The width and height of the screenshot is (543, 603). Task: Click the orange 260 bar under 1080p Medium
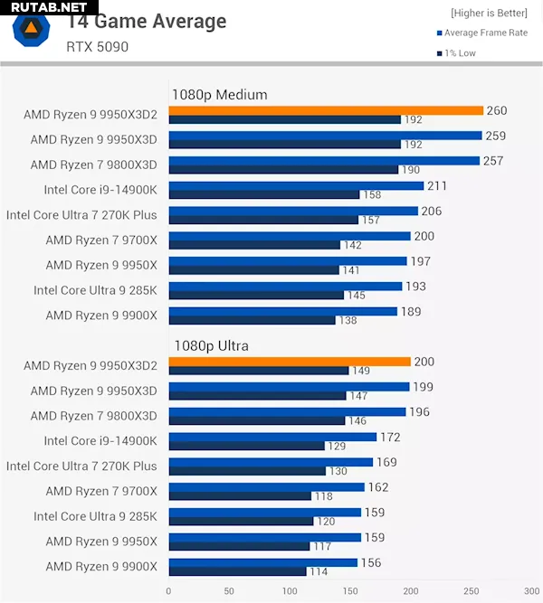pos(326,110)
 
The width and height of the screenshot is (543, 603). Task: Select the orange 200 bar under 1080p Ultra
pos(290,362)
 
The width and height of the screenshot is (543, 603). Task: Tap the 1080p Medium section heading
pos(219,94)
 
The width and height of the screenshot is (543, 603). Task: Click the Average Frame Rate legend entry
pos(485,33)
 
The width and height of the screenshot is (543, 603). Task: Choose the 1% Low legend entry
pos(459,53)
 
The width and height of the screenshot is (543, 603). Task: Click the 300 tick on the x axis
pos(531,592)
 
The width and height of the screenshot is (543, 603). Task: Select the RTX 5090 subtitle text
pos(98,46)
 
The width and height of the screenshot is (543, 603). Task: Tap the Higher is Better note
pos(489,14)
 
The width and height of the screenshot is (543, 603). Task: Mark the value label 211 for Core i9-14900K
pos(438,186)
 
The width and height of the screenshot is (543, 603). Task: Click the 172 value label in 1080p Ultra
pos(390,437)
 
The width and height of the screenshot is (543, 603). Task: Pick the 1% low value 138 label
pos(348,320)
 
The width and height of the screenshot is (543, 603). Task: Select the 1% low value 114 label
pos(319,571)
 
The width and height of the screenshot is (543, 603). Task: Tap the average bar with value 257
pos(324,161)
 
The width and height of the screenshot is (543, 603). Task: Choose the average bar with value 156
pos(263,562)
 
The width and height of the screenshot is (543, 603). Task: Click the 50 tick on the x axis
pos(229,592)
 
